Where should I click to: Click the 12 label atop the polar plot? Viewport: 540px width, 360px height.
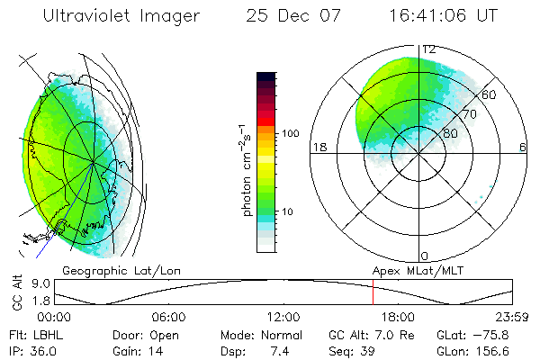click(429, 49)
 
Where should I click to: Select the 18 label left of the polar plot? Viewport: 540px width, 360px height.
click(318, 147)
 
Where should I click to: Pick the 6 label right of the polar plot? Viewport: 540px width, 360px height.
click(522, 147)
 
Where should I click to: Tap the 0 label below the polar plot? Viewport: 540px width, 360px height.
click(424, 256)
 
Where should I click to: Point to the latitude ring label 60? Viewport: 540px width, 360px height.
click(490, 94)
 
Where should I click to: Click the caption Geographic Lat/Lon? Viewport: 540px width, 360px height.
click(107, 269)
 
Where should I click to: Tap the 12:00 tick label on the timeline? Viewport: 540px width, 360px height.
click(283, 317)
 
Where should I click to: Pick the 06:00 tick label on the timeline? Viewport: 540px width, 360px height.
click(168, 317)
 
